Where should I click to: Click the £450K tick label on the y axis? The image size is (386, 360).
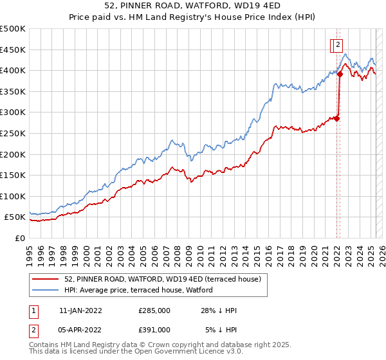pyautogui.click(x=13, y=50)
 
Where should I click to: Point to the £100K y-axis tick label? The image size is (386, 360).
pyautogui.click(x=13, y=196)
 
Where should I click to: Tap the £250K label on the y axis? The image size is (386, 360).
pyautogui.click(x=13, y=133)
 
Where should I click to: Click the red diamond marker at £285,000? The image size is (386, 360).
pyautogui.click(x=336, y=118)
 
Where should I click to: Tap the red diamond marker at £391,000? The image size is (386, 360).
pyautogui.click(x=340, y=74)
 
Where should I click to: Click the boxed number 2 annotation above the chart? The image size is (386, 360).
pyautogui.click(x=338, y=45)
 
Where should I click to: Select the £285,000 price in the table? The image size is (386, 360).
pyautogui.click(x=154, y=310)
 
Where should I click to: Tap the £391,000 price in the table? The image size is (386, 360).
pyautogui.click(x=154, y=329)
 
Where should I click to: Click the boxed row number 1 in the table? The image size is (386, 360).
pyautogui.click(x=33, y=310)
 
